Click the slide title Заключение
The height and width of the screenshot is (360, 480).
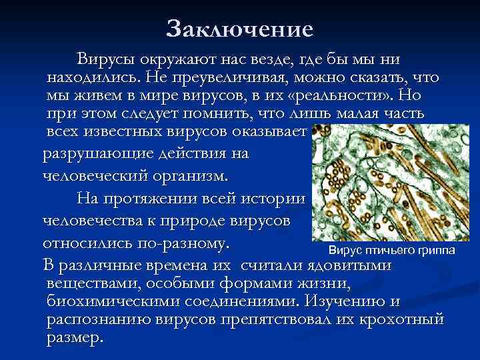click(239, 29)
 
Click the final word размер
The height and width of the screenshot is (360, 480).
click(75, 337)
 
